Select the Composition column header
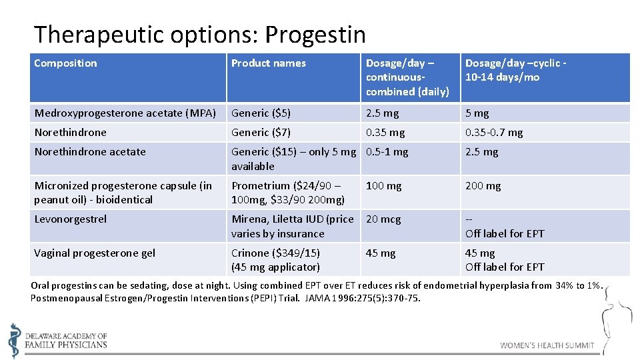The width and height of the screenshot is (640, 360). [x=65, y=63]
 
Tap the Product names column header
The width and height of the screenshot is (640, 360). [x=268, y=63]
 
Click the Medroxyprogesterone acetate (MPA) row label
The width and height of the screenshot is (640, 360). [x=125, y=113]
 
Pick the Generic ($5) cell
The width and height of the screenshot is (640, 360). [x=261, y=113]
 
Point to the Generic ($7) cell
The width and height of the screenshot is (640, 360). [x=261, y=133]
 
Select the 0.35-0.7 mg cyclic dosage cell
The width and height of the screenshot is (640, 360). [x=494, y=133]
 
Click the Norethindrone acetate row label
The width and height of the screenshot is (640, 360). [x=90, y=152]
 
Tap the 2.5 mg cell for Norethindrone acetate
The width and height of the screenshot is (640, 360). [x=481, y=152]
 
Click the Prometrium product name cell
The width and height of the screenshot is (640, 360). [x=288, y=193]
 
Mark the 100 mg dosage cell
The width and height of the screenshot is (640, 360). [x=384, y=186]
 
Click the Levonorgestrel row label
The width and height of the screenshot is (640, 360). [x=70, y=219]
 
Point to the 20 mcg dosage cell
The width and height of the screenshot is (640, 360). [x=383, y=219]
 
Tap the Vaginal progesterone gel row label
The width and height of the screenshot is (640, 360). [x=95, y=253]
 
